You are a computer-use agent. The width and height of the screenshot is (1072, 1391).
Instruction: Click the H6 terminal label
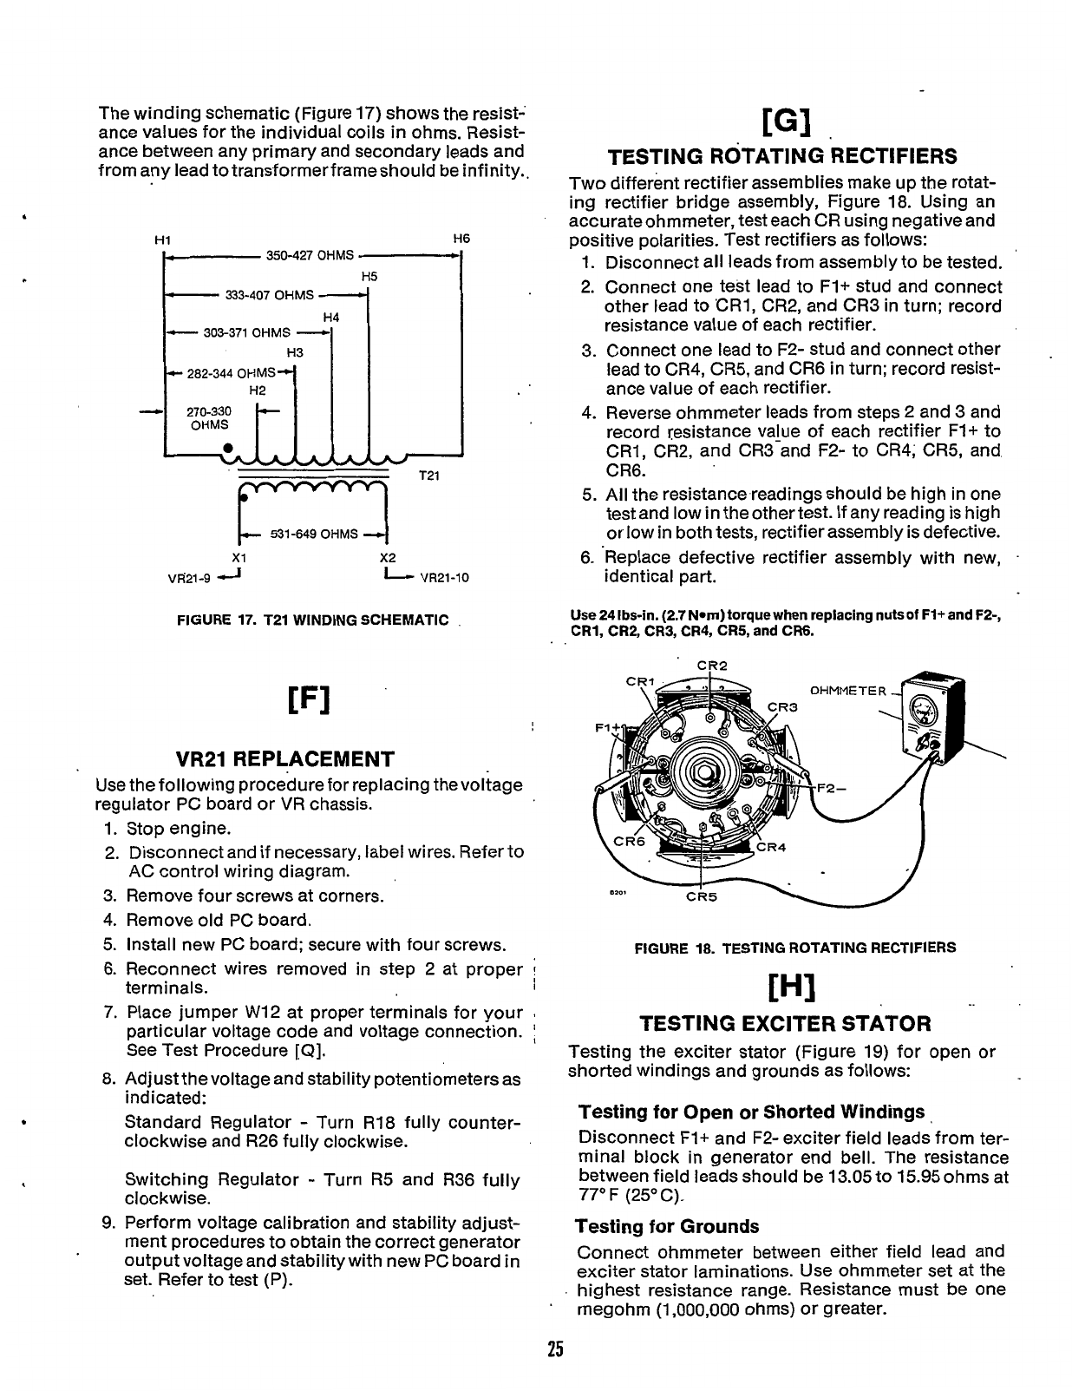461,239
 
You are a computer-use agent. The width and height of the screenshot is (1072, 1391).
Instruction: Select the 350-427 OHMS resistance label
310,255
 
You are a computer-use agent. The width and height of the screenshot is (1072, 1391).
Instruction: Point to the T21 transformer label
430,476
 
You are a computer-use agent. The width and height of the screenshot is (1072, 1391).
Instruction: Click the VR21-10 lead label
444,576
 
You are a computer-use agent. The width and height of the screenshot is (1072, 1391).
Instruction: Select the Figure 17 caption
313,620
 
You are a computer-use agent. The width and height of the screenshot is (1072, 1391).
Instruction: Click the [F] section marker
312,699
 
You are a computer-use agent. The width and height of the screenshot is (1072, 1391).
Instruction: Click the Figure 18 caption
795,948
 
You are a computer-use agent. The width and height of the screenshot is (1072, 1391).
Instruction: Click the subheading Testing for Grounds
667,1226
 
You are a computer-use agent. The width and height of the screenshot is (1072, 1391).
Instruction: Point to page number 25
556,1349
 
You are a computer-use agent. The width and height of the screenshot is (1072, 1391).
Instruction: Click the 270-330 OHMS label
209,418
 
